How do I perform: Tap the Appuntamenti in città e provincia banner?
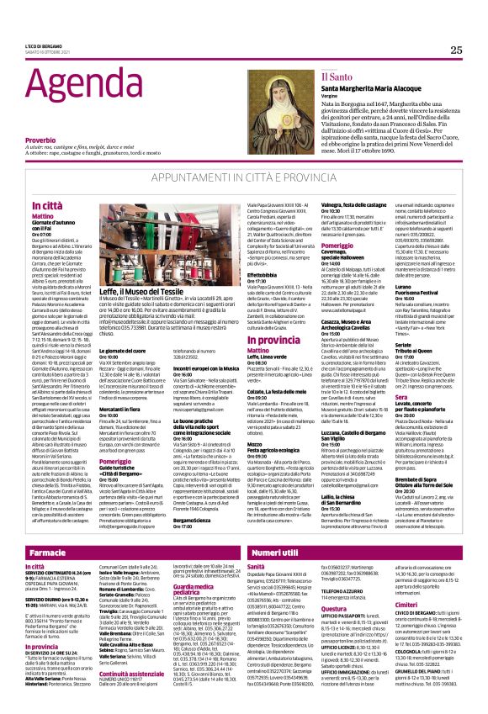(x=243, y=180)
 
